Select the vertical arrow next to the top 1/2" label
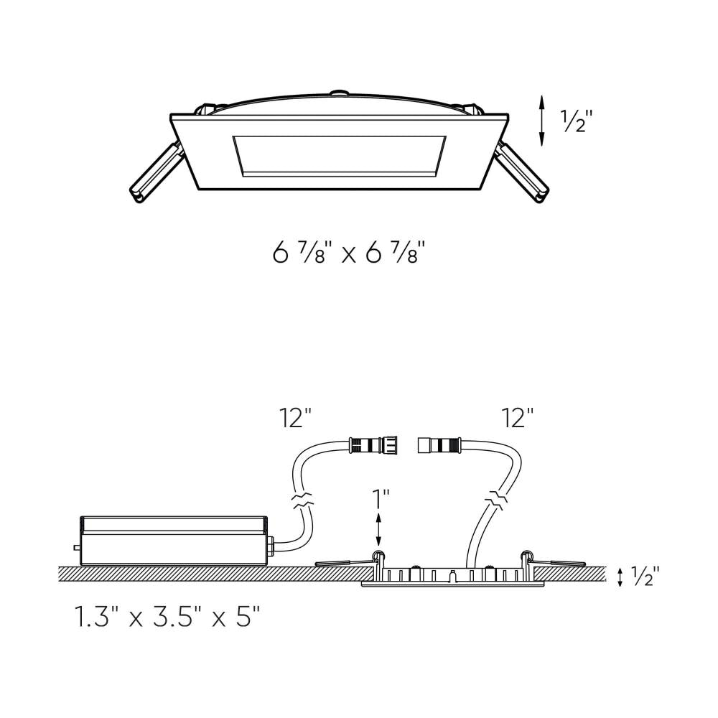(541, 121)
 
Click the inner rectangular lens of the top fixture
(339, 156)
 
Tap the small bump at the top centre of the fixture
(340, 93)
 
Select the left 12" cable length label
(296, 418)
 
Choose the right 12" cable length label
(518, 418)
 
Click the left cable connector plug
(373, 445)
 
